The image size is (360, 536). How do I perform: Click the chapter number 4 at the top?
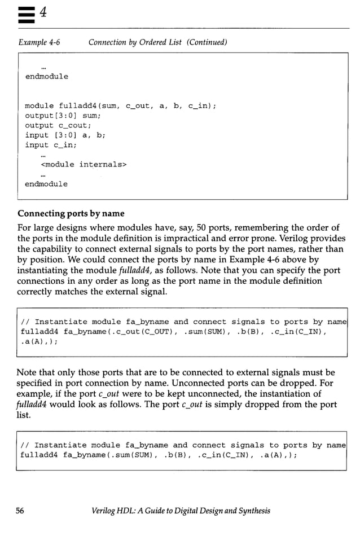point(42,13)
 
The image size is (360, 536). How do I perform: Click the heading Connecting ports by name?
point(71,214)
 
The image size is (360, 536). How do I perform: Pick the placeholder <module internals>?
point(84,164)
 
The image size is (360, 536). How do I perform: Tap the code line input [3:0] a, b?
point(65,135)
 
